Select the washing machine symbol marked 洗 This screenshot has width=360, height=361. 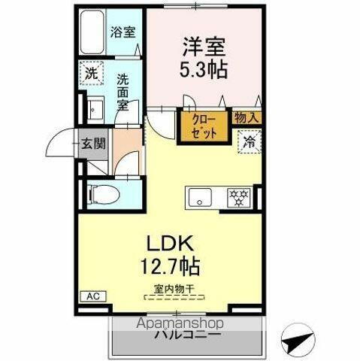(91, 74)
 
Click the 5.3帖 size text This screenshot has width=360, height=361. (203, 72)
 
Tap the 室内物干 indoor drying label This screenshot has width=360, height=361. (174, 288)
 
